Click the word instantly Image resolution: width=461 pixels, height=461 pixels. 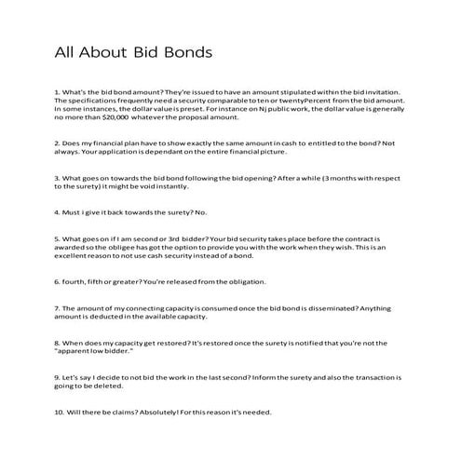click(177, 184)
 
